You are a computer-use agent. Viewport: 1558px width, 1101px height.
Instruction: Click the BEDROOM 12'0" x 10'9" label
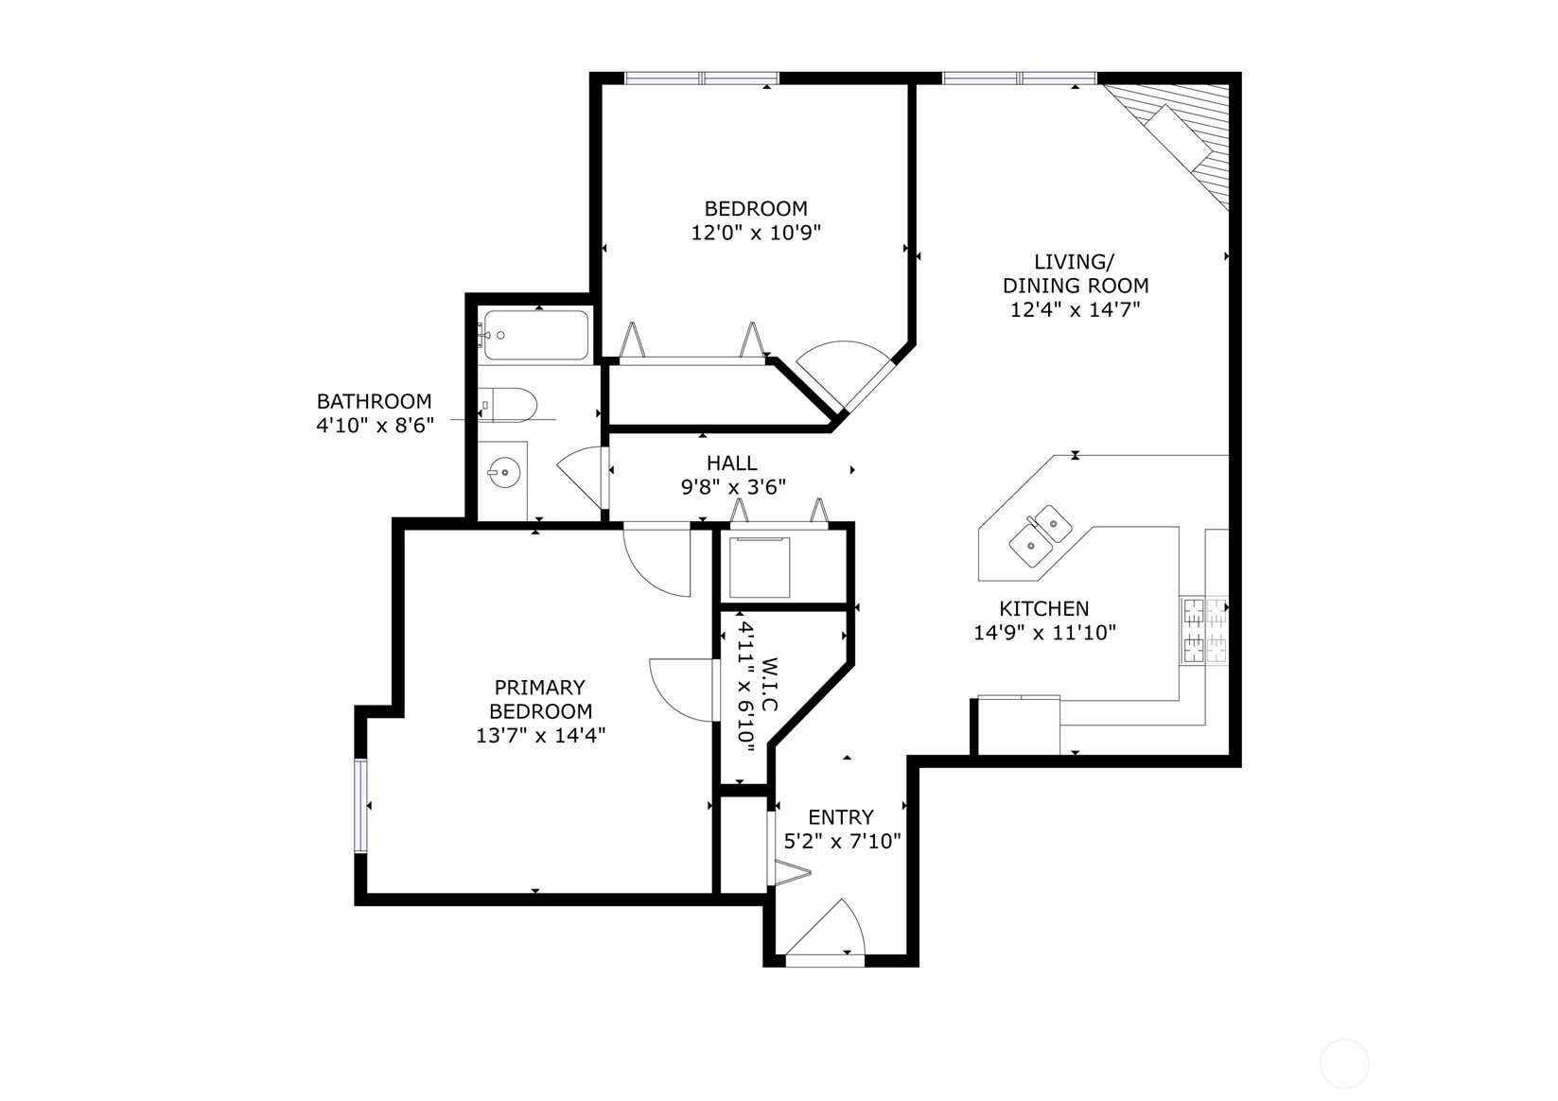tap(756, 219)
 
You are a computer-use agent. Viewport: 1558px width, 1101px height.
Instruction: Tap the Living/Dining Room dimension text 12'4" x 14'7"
tap(1076, 308)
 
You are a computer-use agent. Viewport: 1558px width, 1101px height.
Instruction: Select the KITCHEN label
tap(1044, 608)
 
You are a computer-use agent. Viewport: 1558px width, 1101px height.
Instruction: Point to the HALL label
tap(732, 463)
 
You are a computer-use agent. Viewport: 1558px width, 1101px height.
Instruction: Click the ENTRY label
tap(840, 816)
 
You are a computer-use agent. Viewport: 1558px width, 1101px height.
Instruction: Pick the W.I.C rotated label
tap(768, 685)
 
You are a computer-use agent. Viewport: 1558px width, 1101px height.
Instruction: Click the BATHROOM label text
tap(375, 401)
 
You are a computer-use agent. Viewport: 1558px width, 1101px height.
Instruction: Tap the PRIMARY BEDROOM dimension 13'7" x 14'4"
tap(540, 735)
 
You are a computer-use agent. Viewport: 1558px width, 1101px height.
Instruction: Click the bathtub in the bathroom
tap(534, 335)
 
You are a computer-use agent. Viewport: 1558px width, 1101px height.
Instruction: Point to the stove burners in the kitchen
tap(1204, 630)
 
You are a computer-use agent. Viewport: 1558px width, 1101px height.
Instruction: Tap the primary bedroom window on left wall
tap(360, 806)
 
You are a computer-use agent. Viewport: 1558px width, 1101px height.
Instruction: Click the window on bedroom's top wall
tap(702, 78)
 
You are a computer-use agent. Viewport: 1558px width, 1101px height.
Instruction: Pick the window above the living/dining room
tap(1019, 78)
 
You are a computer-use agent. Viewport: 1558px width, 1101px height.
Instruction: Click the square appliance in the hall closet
tap(760, 567)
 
